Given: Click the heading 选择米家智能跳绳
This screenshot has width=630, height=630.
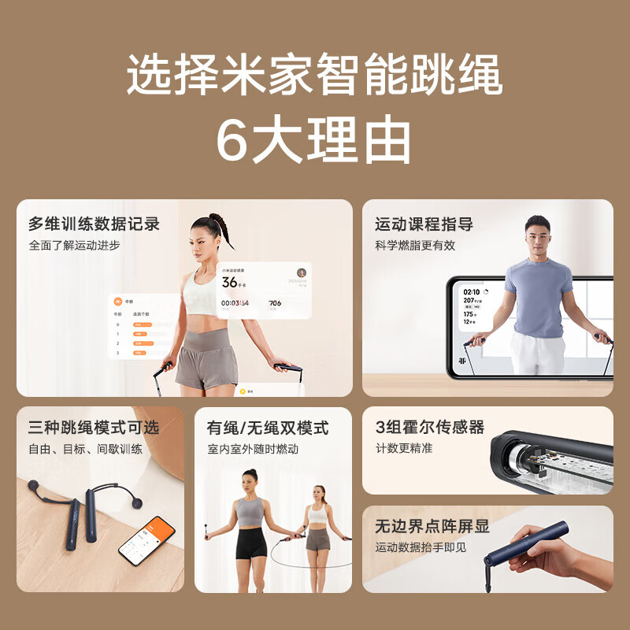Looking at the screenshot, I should pyautogui.click(x=314, y=77).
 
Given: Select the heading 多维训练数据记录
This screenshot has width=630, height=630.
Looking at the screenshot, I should pyautogui.click(x=94, y=224).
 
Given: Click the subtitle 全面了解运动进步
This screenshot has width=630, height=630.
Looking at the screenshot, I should pyautogui.click(x=75, y=245).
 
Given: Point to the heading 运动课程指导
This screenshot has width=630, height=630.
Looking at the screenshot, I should pyautogui.click(x=424, y=224).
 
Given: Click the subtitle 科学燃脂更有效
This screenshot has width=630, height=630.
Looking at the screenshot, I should pyautogui.click(x=415, y=245).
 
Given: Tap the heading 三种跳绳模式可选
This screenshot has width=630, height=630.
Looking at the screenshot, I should pyautogui.click(x=94, y=428).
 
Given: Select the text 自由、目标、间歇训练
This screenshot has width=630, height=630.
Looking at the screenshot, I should pyautogui.click(x=85, y=449).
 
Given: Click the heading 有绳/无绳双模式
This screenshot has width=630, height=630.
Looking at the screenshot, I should pyautogui.click(x=268, y=428).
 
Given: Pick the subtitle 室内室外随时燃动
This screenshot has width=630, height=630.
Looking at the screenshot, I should pyautogui.click(x=253, y=449).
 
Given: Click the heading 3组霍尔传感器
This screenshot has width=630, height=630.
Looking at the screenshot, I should pyautogui.click(x=430, y=428).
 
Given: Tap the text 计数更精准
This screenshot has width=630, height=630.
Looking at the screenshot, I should pyautogui.click(x=404, y=448).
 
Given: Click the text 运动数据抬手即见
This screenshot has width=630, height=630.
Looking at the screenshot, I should pyautogui.click(x=421, y=547).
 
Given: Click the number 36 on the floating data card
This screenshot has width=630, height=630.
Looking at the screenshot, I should pyautogui.click(x=229, y=282).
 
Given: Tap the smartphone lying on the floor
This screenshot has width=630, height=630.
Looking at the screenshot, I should pyautogui.click(x=146, y=540).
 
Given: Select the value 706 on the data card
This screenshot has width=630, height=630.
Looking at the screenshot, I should pyautogui.click(x=275, y=302).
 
